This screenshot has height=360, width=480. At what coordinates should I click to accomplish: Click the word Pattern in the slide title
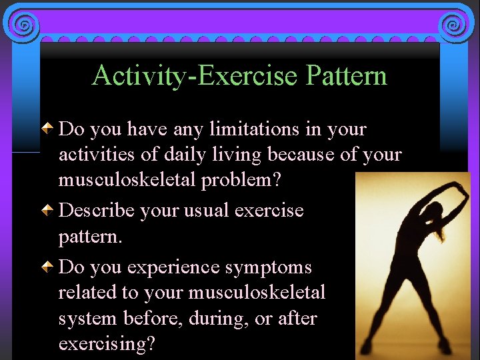coord(347,75)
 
